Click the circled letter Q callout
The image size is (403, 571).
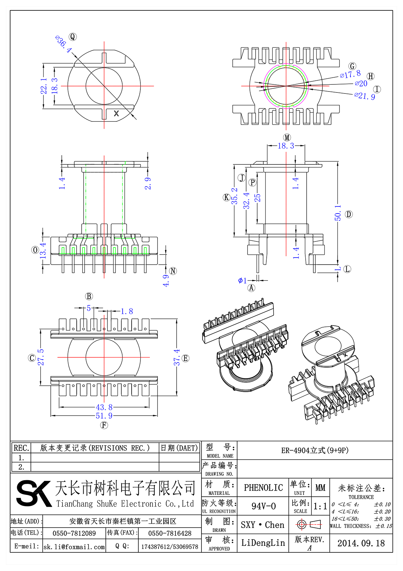(x=73, y=37)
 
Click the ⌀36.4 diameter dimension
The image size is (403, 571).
(x=63, y=44)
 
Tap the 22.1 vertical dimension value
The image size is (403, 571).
(x=44, y=86)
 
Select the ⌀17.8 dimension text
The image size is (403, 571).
(x=350, y=74)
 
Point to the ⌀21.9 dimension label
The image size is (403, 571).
(x=365, y=96)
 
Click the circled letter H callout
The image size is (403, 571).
(x=371, y=76)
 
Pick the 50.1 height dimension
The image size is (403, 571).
(x=338, y=213)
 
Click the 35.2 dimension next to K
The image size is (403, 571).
(x=234, y=196)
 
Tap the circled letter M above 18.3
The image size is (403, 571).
(x=287, y=137)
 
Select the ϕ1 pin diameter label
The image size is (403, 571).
(x=242, y=280)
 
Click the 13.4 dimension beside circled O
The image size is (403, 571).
(x=43, y=251)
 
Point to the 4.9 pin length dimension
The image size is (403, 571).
(x=166, y=280)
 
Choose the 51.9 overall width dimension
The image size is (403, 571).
(x=104, y=416)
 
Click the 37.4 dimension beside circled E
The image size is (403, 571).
(x=177, y=357)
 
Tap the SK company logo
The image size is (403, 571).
(x=34, y=493)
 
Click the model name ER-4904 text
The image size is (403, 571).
(x=315, y=451)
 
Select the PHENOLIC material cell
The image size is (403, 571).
(x=263, y=488)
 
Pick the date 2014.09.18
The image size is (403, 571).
(x=361, y=543)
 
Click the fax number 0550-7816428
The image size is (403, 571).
(x=170, y=533)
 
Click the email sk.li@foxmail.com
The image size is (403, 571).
(x=74, y=547)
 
